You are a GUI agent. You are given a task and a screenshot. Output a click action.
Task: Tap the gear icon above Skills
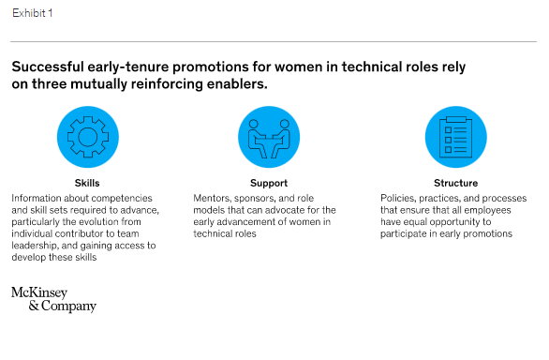[87, 137]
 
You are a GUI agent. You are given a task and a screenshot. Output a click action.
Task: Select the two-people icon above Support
[269, 137]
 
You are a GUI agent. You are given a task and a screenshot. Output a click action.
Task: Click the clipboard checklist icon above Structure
[455, 137]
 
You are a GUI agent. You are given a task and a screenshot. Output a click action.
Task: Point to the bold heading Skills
[87, 184]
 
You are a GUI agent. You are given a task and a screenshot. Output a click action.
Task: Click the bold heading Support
[269, 184]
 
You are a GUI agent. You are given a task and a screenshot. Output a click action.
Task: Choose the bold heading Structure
[455, 184]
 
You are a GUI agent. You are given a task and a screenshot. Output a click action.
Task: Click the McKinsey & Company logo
[53, 299]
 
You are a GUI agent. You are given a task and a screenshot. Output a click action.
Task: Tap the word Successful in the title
[47, 67]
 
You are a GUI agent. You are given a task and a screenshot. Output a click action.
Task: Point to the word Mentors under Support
[215, 199]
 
